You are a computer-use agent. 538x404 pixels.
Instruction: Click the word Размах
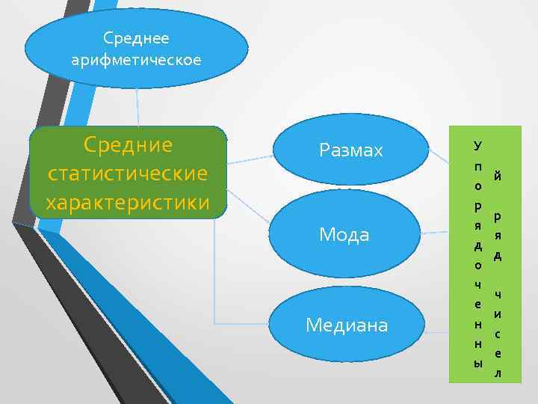350,151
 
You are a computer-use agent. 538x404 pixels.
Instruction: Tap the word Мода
344,235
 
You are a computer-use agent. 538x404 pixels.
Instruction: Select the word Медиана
347,325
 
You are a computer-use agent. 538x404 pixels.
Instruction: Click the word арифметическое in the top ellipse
136,60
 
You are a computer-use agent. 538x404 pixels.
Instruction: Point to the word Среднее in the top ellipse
136,37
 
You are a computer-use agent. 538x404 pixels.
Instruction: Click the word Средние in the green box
128,144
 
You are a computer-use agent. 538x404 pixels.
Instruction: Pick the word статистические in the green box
128,173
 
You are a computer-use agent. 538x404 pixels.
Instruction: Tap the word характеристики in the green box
128,202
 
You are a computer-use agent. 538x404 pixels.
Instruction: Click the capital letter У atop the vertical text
477,143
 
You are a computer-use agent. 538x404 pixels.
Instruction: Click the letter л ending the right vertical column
498,372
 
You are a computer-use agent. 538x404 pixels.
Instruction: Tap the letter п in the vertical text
477,165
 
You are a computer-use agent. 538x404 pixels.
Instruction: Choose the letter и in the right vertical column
498,314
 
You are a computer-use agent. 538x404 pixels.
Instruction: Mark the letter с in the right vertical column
498,334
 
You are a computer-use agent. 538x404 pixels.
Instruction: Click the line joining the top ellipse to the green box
137,105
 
